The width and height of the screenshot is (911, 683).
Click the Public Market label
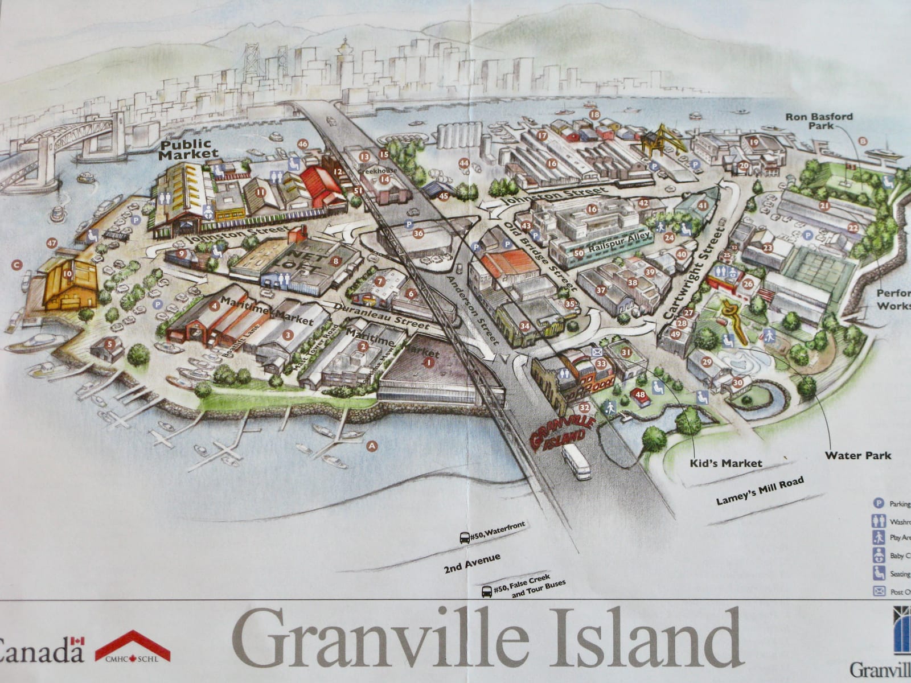click(x=188, y=149)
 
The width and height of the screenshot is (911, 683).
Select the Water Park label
click(x=857, y=455)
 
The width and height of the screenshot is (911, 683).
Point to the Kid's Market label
click(x=725, y=463)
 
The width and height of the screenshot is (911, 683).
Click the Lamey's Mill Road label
click(x=760, y=491)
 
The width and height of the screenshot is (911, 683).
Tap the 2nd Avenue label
click(x=472, y=562)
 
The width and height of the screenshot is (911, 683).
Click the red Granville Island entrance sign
click(x=561, y=433)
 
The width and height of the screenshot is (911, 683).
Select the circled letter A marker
click(x=372, y=446)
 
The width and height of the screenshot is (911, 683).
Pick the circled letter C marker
click(x=17, y=265)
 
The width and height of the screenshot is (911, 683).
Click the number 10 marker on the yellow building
click(x=68, y=274)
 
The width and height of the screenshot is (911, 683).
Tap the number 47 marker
click(x=52, y=244)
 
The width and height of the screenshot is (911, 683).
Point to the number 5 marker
click(x=110, y=344)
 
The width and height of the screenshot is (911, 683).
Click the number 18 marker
click(x=595, y=114)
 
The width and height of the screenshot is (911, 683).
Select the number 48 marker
click(x=641, y=394)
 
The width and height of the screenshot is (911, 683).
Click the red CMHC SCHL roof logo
click(x=132, y=647)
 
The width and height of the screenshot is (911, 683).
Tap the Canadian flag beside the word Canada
click(x=77, y=641)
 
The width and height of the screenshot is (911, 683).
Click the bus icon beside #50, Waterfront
click(x=465, y=538)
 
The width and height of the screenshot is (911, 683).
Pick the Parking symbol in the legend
click(x=879, y=504)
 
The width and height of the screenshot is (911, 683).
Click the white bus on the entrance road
click(x=576, y=461)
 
